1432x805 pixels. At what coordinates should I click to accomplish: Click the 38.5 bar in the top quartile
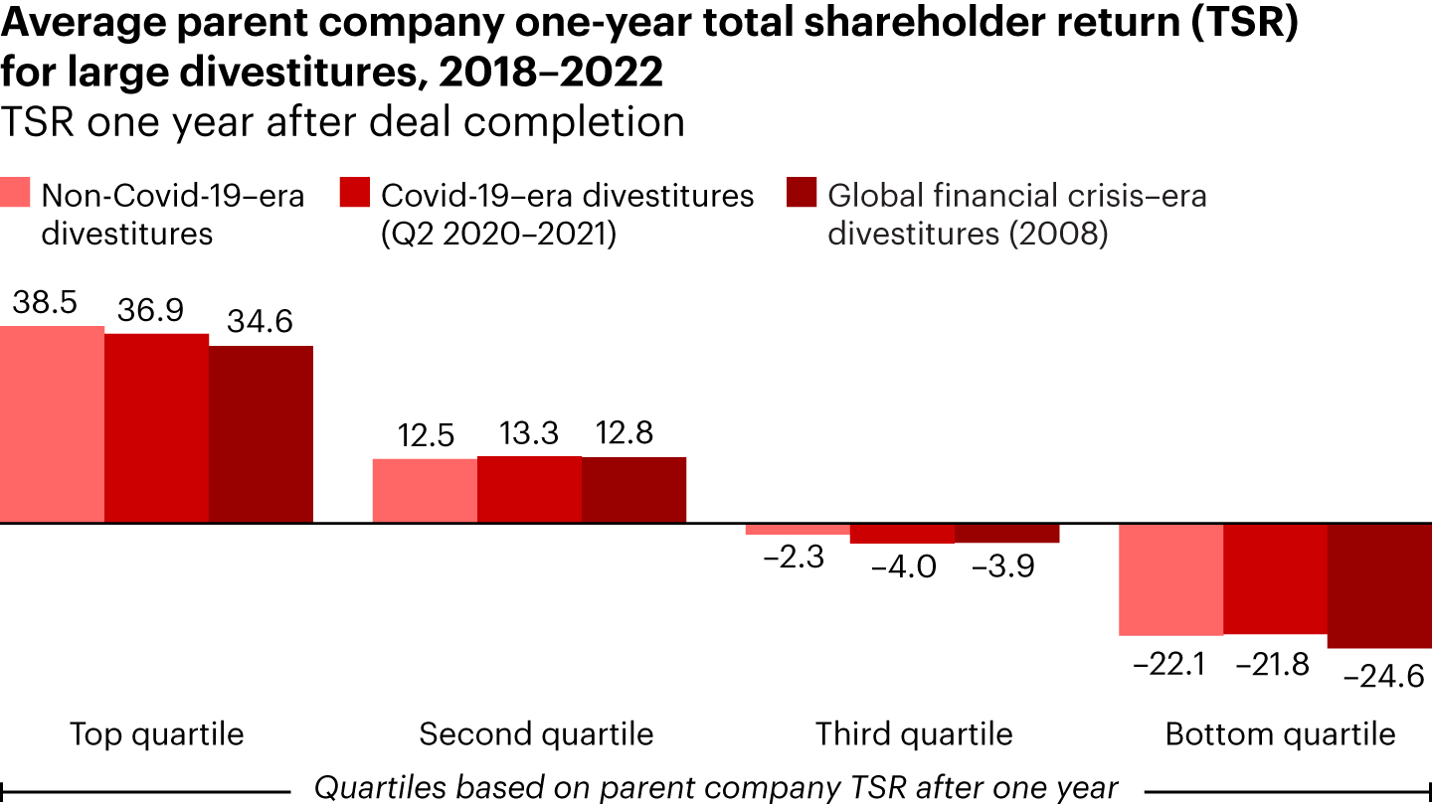(x=52, y=423)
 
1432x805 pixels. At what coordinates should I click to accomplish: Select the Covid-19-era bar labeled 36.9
(x=156, y=427)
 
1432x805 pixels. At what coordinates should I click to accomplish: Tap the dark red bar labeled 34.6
(x=261, y=433)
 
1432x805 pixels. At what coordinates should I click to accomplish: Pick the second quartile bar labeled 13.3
(x=529, y=489)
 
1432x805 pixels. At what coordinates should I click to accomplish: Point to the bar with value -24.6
(x=1379, y=585)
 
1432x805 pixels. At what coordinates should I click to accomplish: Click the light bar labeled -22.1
(x=1170, y=579)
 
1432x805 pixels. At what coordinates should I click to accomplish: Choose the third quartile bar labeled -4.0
(x=902, y=534)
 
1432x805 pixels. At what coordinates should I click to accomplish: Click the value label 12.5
(x=425, y=434)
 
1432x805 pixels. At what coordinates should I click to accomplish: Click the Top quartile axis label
(x=156, y=734)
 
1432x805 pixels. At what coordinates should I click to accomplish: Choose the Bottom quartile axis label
(x=1280, y=734)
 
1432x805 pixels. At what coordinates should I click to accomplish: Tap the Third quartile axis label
(x=914, y=734)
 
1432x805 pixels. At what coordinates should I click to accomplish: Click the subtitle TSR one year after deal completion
(x=342, y=121)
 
